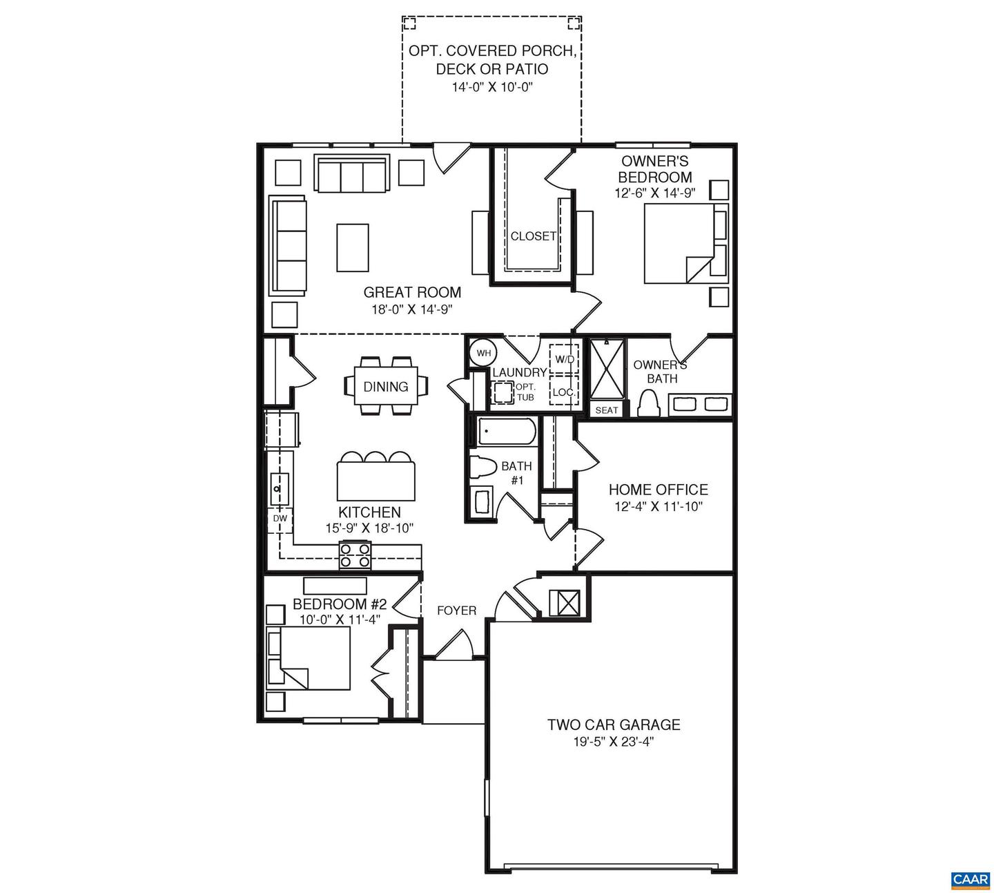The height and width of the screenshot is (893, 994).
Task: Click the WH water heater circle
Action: pyautogui.click(x=484, y=353)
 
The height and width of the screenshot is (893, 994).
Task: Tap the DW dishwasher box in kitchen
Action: pyautogui.click(x=280, y=518)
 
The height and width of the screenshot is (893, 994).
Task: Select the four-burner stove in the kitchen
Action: pyautogui.click(x=355, y=555)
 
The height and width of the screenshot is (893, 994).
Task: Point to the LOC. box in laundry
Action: pyautogui.click(x=563, y=392)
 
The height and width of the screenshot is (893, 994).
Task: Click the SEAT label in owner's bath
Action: pyautogui.click(x=607, y=410)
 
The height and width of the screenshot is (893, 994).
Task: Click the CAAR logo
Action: pyautogui.click(x=970, y=879)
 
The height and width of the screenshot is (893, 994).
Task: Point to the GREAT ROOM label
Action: pyautogui.click(x=412, y=292)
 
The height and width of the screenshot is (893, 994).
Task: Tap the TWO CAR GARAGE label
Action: pyautogui.click(x=614, y=724)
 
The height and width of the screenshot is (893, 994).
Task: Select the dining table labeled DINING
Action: pyautogui.click(x=385, y=386)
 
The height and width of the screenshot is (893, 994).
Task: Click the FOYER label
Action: pyautogui.click(x=456, y=611)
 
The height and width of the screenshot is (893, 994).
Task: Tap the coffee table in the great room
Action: pyautogui.click(x=352, y=247)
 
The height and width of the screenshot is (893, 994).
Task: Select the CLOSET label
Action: pyautogui.click(x=533, y=236)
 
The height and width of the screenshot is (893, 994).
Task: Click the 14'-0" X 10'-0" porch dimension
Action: pyautogui.click(x=491, y=87)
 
